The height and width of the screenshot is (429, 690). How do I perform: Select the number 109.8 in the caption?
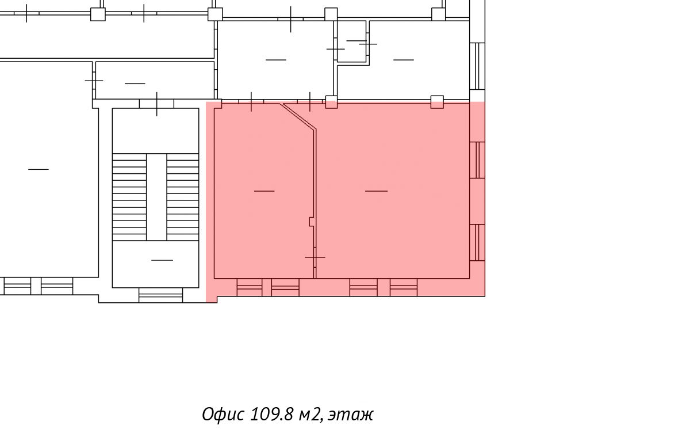tap(271, 414)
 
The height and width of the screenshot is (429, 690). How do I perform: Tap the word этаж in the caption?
tap(350, 415)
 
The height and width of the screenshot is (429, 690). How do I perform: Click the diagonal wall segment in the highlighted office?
tap(298, 116)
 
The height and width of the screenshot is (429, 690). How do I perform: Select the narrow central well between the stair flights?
tap(156, 197)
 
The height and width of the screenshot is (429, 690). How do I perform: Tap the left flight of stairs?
tap(129, 197)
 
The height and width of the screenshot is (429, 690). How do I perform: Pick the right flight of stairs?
tap(183, 197)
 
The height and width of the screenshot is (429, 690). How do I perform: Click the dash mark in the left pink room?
tap(264, 191)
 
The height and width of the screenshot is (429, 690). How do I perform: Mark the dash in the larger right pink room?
tap(376, 191)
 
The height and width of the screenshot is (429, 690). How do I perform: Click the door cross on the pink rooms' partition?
tap(315, 257)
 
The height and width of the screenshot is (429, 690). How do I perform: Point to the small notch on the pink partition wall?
tap(312, 222)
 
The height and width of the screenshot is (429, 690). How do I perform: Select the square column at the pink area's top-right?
tap(437, 102)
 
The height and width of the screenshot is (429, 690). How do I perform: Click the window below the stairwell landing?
tap(160, 295)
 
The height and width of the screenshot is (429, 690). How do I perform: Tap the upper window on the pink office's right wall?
tap(477, 160)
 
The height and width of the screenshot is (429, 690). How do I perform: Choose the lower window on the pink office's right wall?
tap(477, 243)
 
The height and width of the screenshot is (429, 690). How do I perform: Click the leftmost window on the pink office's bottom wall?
tap(249, 287)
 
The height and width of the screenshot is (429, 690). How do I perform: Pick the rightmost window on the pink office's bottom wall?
tap(404, 287)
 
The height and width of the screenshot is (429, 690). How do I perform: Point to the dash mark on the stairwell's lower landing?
tap(162, 260)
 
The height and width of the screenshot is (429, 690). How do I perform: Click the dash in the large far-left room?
tap(39, 169)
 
